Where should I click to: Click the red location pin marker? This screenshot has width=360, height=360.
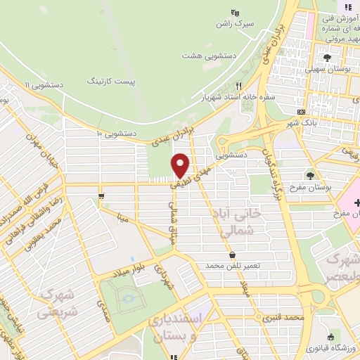(x=181, y=165)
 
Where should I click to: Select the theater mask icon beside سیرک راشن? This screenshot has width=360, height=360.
(x=236, y=12)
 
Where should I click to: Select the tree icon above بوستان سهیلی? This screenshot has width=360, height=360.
(x=328, y=57)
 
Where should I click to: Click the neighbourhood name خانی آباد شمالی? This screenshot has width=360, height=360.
(x=240, y=220)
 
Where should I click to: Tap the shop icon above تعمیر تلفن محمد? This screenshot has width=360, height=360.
(x=232, y=255)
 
